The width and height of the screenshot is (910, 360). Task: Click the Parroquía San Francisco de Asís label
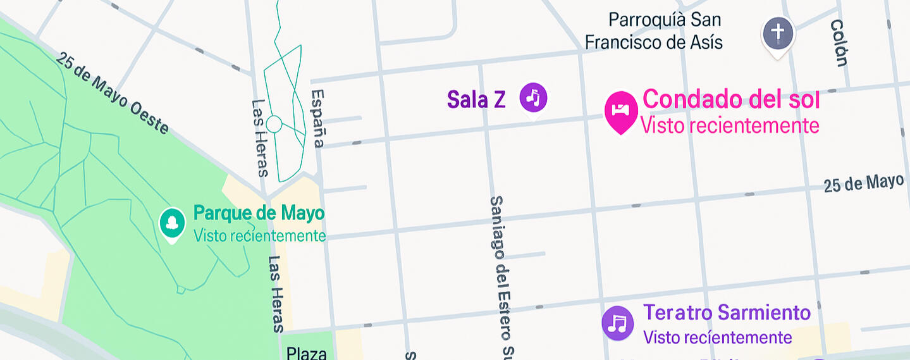tap(654, 31)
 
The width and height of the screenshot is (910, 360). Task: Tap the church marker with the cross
tap(778, 32)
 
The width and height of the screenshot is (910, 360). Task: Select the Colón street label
tap(839, 43)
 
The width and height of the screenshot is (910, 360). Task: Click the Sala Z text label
tap(476, 99)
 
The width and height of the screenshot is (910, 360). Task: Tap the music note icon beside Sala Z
tap(533, 97)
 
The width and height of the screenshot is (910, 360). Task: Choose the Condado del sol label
tap(731, 99)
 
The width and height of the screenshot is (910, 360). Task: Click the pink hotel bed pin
tap(621, 110)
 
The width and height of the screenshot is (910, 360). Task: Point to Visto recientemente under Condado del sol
tap(730, 125)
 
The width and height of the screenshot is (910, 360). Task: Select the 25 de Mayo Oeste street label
tap(113, 93)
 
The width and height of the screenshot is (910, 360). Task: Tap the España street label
tap(317, 118)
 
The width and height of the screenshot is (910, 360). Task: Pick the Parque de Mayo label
tap(259, 213)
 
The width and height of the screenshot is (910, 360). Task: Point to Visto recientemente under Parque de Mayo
tap(259, 236)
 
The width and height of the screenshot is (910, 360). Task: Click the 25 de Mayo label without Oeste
tap(863, 183)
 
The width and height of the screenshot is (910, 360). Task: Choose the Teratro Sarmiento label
tap(727, 313)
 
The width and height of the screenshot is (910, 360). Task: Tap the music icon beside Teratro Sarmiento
tap(617, 323)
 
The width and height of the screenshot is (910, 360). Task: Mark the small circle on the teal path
tap(274, 124)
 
